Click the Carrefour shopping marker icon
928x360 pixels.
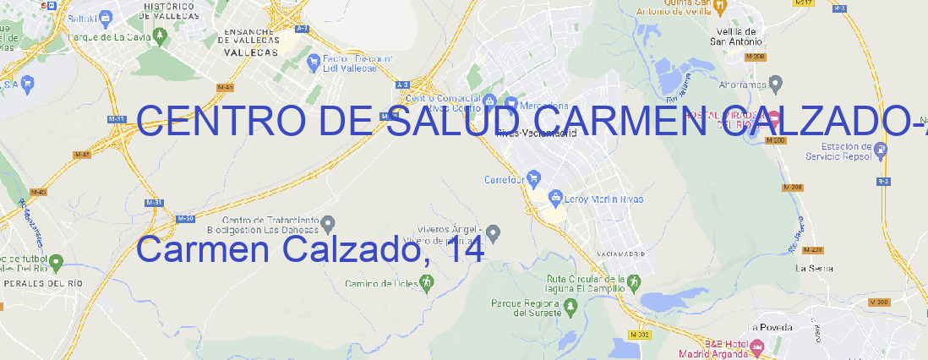coord(534,178)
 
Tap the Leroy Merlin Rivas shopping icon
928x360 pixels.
coord(555,198)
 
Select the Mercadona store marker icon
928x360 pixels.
coord(510,102)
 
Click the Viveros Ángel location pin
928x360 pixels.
coord(494,232)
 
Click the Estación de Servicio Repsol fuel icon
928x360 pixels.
coord(882,150)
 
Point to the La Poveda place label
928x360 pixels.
coord(770,327)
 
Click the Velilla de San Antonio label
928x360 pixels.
coord(737,35)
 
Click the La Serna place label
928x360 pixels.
coord(815,268)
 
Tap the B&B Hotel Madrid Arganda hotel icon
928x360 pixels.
coord(756,346)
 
